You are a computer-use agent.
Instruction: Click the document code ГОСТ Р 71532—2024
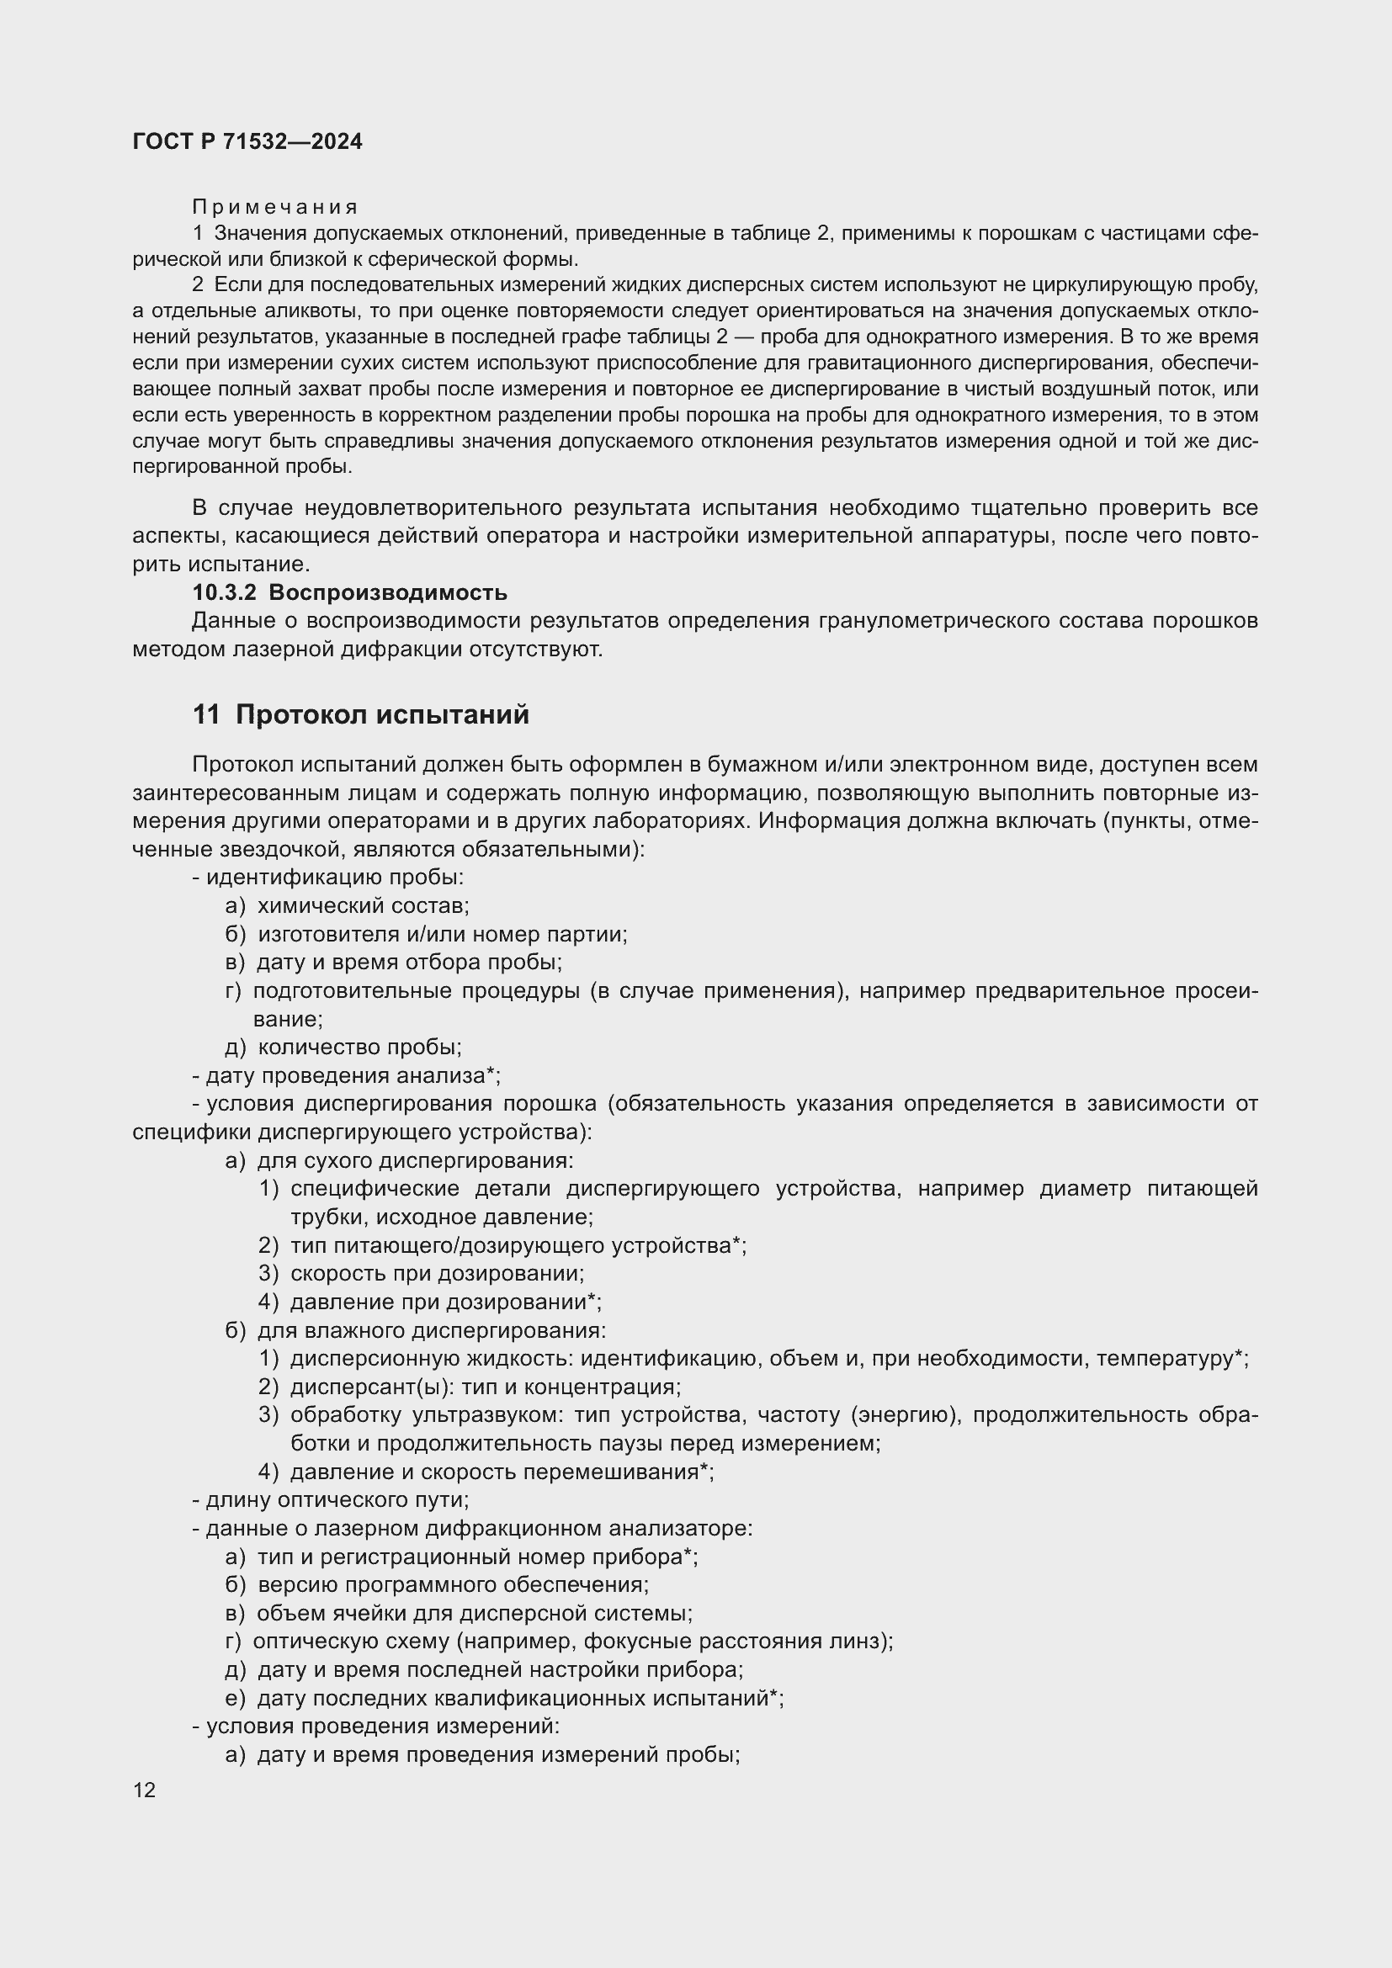(x=247, y=141)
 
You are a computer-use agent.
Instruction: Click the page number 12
(x=144, y=1790)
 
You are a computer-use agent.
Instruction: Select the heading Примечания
(x=274, y=207)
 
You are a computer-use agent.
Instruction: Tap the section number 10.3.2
(x=224, y=592)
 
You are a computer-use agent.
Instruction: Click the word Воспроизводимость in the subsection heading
(x=387, y=592)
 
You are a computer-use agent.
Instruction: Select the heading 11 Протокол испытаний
(x=360, y=714)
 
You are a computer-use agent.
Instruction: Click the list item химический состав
(x=363, y=905)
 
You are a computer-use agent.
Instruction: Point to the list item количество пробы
(x=359, y=1047)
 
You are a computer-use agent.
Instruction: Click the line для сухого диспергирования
(x=415, y=1160)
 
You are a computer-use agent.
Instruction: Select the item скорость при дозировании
(x=437, y=1273)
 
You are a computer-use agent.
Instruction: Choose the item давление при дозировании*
(x=445, y=1301)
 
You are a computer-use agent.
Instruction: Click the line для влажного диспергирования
(x=431, y=1330)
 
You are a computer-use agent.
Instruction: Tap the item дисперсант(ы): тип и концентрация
(x=485, y=1386)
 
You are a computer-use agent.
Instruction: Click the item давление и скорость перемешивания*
(x=502, y=1472)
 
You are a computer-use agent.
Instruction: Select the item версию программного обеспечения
(x=453, y=1584)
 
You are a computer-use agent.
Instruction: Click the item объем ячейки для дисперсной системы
(x=474, y=1612)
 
